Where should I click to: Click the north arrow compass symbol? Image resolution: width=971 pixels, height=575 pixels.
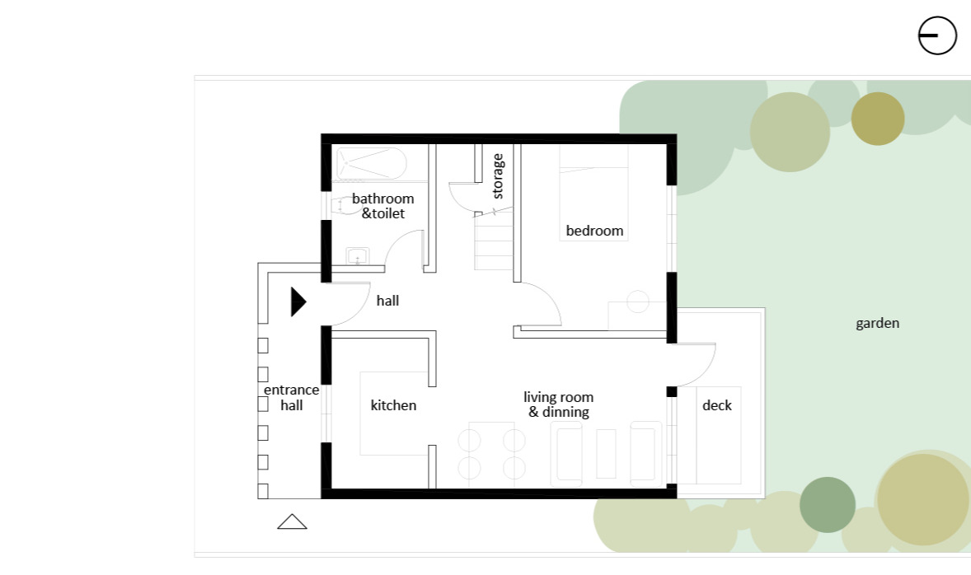coord(937,35)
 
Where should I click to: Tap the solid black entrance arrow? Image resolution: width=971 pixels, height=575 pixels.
coord(298,302)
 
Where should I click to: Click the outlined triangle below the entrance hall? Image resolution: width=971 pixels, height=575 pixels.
coord(293,521)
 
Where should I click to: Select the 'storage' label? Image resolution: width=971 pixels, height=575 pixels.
coord(497,176)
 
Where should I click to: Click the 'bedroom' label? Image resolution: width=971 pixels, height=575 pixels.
coord(594,231)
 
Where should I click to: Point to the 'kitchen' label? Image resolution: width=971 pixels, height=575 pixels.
coord(393,405)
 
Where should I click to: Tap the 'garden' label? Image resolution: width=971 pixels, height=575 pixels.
coord(878,323)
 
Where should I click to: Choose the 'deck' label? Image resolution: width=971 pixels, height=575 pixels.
coord(717,405)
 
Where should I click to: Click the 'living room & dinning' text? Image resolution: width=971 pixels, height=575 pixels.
coord(559,404)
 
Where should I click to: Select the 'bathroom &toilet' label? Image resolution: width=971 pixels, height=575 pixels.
coord(382,206)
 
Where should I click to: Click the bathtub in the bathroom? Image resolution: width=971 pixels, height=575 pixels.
coord(372,163)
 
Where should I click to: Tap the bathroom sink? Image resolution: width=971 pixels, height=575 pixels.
coord(357,255)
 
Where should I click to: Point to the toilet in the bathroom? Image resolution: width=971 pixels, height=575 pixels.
coord(342,205)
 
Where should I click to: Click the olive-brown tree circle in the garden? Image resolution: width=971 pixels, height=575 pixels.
coord(878,119)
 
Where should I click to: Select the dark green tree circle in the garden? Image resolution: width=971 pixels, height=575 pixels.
coord(828,504)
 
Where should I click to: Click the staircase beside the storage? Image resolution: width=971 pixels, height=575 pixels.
coord(494,241)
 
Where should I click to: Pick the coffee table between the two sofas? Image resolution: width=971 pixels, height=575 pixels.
coord(606,454)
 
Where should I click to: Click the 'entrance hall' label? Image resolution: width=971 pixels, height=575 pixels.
coord(292,397)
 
